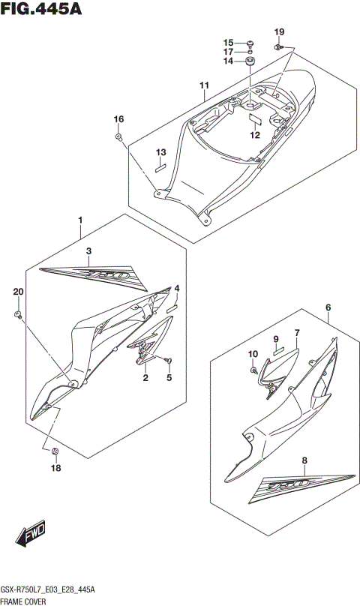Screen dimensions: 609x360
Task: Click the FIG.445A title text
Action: point(41,9)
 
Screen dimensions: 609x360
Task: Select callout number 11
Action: point(203,85)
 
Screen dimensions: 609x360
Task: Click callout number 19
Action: point(279,31)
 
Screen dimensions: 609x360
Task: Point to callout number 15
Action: point(228,42)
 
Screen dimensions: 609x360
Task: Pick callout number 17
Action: point(228,52)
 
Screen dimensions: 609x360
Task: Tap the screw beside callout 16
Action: point(119,136)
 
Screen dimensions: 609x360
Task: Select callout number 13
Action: point(160,153)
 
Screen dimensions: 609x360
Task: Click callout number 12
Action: point(254,136)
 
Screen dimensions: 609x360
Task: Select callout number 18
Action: point(55,469)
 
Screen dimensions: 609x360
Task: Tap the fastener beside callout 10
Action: point(255,367)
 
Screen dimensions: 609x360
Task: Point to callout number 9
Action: point(275,339)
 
